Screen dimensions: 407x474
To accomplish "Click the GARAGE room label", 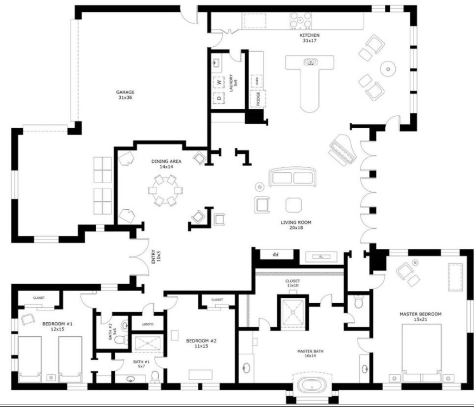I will [x=125, y=95].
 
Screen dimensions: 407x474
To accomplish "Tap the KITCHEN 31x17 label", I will [x=309, y=37].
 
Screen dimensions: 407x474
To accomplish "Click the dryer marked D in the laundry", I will [x=220, y=98].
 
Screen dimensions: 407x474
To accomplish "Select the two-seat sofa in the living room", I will [x=292, y=177].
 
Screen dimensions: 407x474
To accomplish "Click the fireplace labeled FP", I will [x=276, y=254].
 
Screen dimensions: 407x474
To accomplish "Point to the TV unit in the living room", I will [x=321, y=256].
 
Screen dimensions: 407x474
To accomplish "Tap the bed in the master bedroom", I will [x=421, y=349].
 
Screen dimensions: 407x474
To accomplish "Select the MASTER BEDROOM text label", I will [x=420, y=316].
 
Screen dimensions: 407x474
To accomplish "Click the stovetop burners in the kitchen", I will [x=300, y=20].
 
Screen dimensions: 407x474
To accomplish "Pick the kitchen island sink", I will [x=310, y=62].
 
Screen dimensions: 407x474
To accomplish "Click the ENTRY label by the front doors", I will [x=154, y=257].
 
